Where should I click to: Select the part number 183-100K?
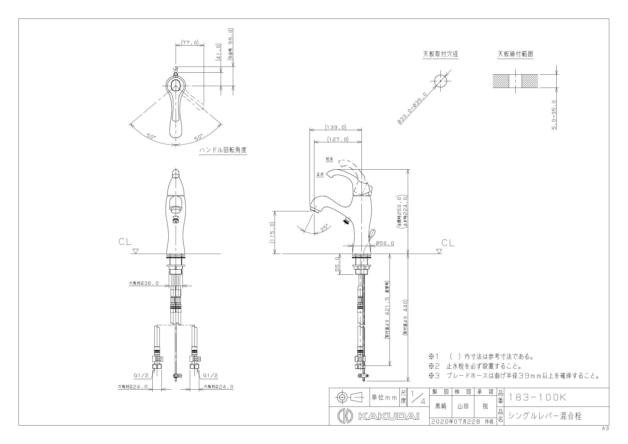click(x=537, y=397)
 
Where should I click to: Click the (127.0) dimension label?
click(x=338, y=139)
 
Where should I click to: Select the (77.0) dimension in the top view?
click(x=190, y=43)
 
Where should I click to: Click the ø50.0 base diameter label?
click(x=385, y=243)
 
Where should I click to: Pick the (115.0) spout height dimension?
click(x=272, y=232)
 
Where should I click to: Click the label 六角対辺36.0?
click(x=144, y=283)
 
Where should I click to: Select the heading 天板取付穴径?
click(x=441, y=54)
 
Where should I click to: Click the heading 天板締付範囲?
click(x=515, y=54)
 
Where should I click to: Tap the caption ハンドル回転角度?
click(x=223, y=150)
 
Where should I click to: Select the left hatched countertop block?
click(x=501, y=81)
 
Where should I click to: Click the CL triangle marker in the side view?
click(x=439, y=251)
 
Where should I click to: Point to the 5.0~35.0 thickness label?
click(x=554, y=115)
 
